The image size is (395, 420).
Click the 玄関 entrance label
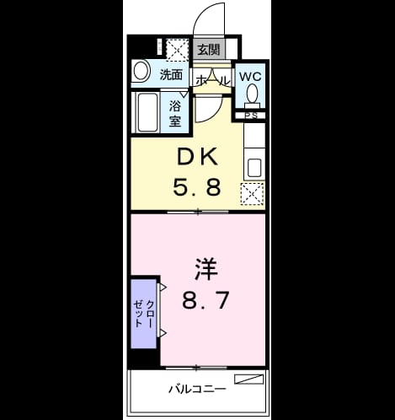point(208,50)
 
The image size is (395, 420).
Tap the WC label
point(250,77)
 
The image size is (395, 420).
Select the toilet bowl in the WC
point(253,93)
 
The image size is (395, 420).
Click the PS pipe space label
point(251,116)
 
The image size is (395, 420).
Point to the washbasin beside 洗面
point(141,71)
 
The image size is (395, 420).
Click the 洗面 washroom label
point(171,75)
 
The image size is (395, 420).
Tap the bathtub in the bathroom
point(147,112)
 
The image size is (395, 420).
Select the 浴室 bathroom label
point(175,114)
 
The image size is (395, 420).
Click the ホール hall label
point(212,81)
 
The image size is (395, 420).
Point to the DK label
point(198,157)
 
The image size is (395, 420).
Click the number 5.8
point(197,188)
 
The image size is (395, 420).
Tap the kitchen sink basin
point(254,168)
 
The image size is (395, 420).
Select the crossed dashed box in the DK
point(252,194)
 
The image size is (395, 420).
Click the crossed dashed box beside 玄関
point(177,50)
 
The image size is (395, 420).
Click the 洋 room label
point(206,269)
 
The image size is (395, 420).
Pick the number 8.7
point(206,300)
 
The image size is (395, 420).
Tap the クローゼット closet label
point(143,314)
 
